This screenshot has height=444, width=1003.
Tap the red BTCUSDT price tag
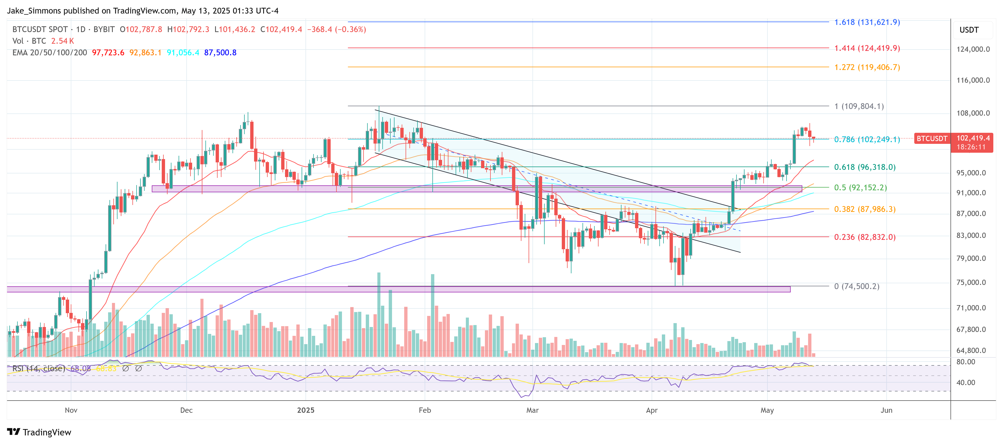tap(932, 139)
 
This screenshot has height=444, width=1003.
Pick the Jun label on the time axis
tap(886, 410)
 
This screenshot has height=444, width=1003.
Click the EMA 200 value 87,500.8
tap(220, 53)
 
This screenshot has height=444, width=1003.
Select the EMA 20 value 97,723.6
tap(108, 53)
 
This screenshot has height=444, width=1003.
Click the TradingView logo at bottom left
tap(39, 432)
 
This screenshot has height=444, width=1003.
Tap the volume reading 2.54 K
tap(62, 41)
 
